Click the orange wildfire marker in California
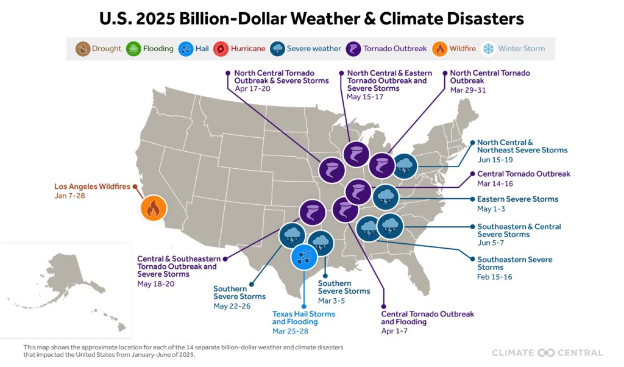tap(154, 208)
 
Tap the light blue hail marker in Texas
tap(302, 256)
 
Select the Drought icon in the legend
tap(83, 49)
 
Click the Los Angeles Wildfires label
tap(93, 187)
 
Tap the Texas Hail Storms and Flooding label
tap(303, 318)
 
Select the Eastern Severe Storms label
tap(517, 199)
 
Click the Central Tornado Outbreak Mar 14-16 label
tap(523, 174)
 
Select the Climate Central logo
tap(547, 352)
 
